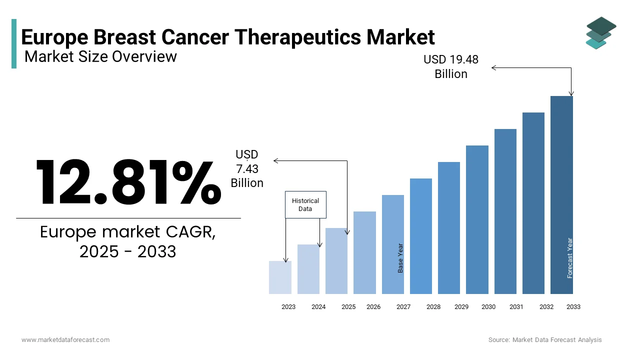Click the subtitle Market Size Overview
click(100, 56)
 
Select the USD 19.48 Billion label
click(450, 66)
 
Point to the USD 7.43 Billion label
click(247, 169)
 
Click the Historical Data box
click(305, 204)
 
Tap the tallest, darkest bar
click(561, 195)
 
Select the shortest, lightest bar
click(280, 277)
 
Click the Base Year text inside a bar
click(400, 258)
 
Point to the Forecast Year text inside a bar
click(570, 258)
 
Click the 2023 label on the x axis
click(288, 307)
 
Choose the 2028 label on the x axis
click(433, 307)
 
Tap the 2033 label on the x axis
click(573, 307)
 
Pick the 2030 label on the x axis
click(488, 307)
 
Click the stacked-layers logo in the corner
click(600, 33)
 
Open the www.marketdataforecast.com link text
click(65, 339)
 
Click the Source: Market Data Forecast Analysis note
click(545, 339)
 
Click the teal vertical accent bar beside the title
click(14, 43)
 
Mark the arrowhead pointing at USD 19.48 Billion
click(493, 67)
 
